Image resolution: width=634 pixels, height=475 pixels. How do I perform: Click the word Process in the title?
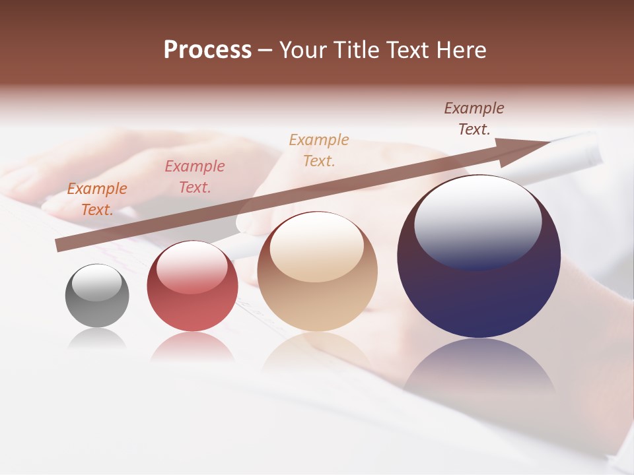point(207,50)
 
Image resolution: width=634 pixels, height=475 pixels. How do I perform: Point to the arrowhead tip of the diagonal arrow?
point(550,142)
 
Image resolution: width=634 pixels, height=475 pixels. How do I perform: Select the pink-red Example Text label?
point(195,177)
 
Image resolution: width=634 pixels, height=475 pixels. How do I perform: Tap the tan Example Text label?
point(319,150)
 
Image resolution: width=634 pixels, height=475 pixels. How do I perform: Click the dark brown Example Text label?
point(474,119)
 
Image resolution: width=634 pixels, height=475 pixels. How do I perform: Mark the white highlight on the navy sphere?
point(478,221)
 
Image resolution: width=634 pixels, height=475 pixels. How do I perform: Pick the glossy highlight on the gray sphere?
point(97,283)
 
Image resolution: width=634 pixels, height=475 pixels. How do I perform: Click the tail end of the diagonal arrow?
point(59,245)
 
